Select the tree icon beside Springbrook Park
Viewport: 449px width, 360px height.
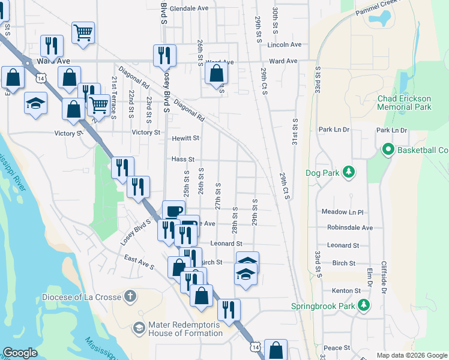[x=363, y=305]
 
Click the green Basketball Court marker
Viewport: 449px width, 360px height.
[x=387, y=149]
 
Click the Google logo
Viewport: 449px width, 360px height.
[x=20, y=353]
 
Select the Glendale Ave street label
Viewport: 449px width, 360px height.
[x=188, y=8]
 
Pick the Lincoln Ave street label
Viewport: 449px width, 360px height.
[x=285, y=44]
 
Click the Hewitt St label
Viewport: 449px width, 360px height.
[x=185, y=138]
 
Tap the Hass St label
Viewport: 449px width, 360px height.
[x=183, y=160]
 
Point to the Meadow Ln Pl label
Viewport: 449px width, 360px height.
[x=343, y=212]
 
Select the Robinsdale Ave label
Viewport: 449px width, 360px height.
[x=350, y=228]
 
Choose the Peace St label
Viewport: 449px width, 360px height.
[x=337, y=348]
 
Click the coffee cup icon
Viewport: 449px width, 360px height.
[x=173, y=212]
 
